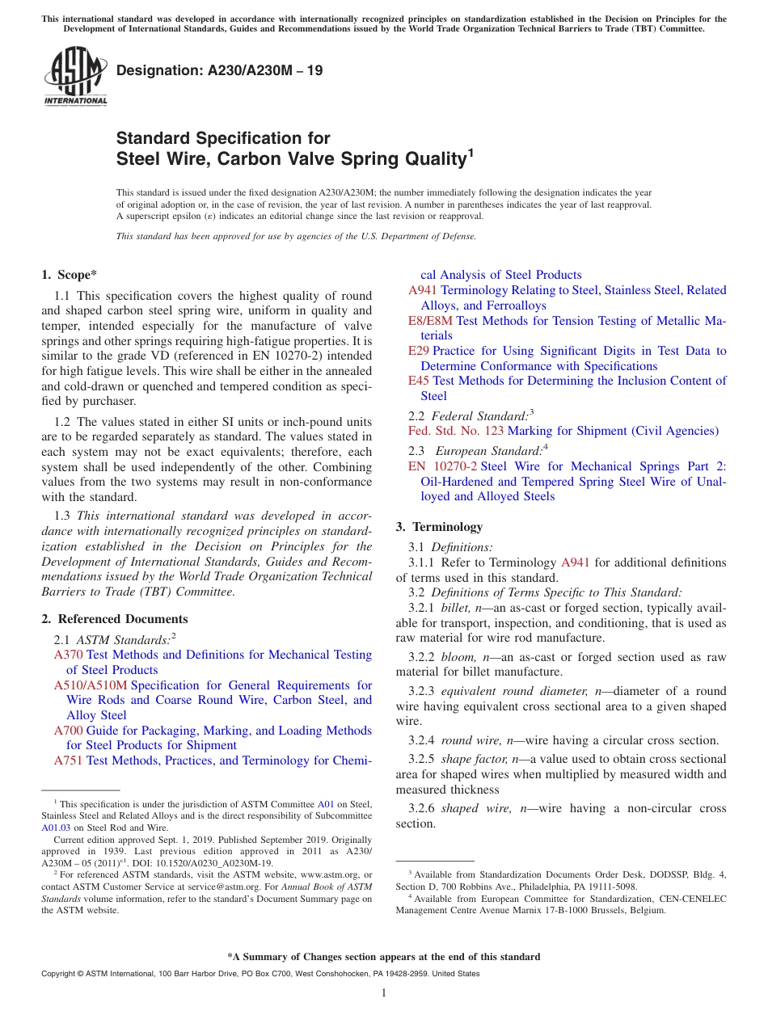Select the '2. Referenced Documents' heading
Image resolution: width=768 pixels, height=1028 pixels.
coord(114,619)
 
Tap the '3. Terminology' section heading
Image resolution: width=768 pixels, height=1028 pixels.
coord(439,527)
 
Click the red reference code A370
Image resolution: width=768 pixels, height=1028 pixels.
coord(68,655)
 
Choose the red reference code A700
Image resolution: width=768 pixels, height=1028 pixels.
coord(68,731)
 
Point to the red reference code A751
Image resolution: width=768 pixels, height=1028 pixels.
coord(68,760)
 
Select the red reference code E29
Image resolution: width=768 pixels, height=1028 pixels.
coord(418,351)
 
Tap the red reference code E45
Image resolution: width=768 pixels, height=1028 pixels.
coord(419,381)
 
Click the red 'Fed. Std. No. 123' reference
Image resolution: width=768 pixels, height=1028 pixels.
coord(456,431)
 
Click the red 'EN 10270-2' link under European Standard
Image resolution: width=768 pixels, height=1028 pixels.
coord(442,466)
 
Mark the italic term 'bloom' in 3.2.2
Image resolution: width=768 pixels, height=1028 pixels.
coord(458,657)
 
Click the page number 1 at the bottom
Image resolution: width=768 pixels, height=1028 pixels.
coord(384,993)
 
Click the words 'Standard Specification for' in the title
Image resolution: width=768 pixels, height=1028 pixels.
coord(223,138)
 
